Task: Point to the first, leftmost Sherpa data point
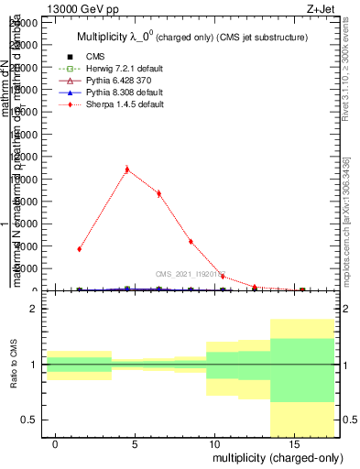click(x=80, y=248)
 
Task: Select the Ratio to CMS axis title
click(x=14, y=365)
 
